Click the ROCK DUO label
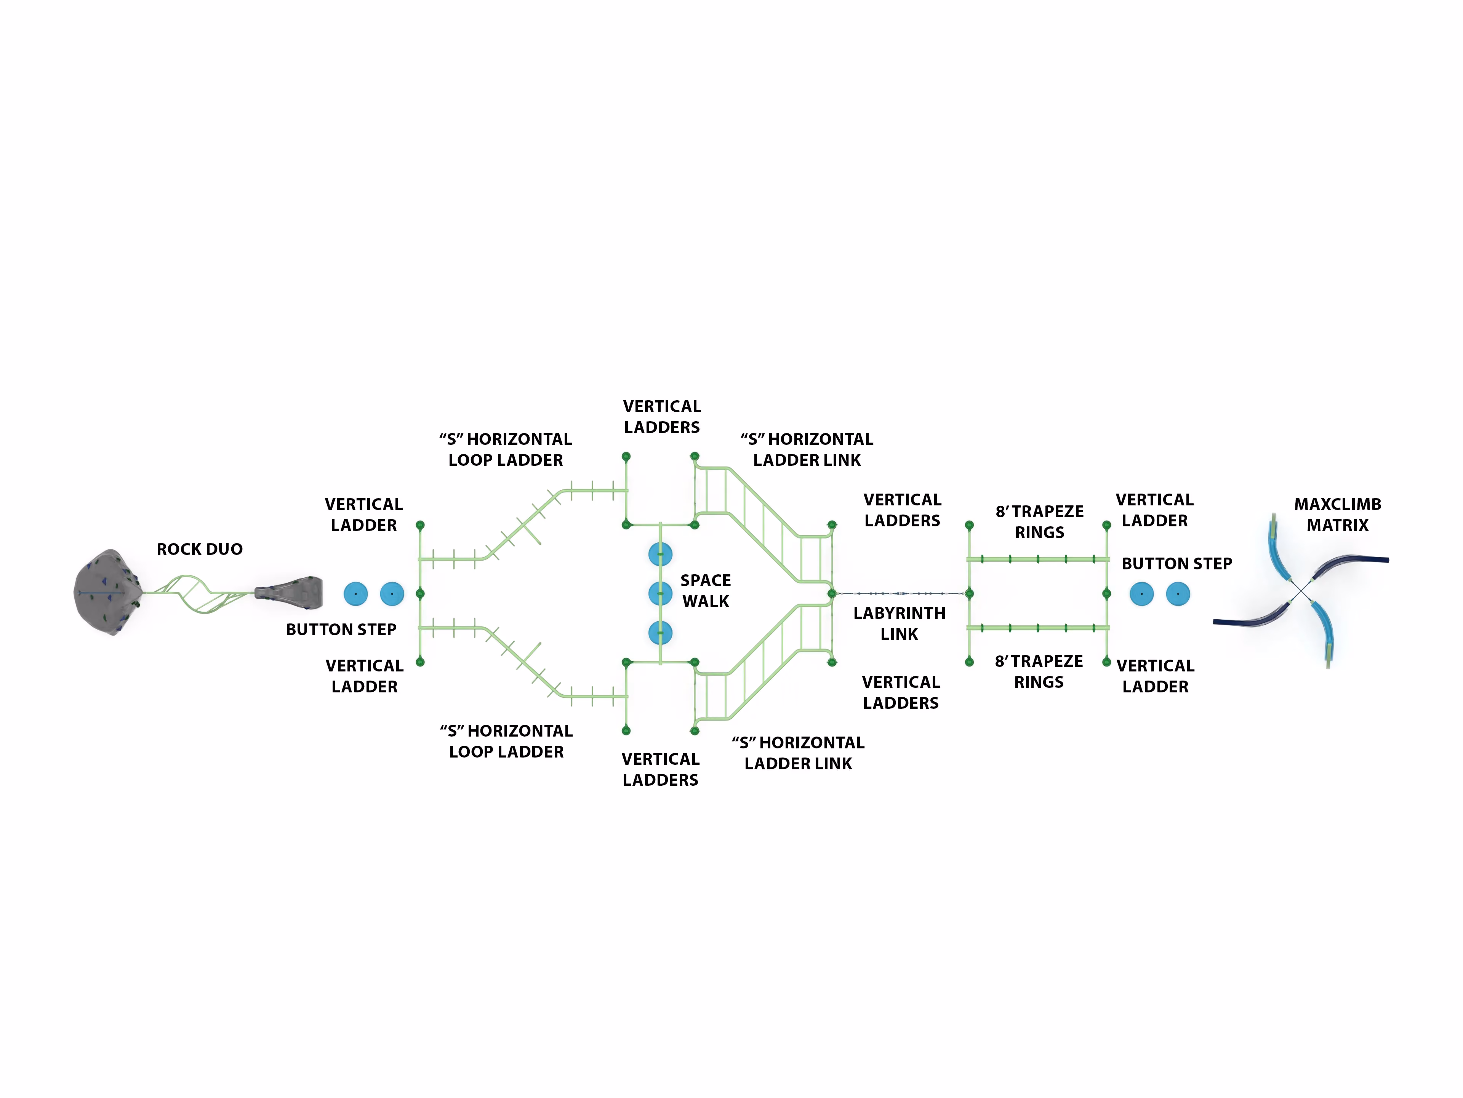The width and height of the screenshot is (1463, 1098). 200,549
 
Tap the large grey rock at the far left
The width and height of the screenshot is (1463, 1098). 107,592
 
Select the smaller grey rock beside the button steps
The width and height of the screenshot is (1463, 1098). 289,593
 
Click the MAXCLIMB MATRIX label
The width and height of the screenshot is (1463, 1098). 1337,515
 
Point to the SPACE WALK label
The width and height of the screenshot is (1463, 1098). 706,591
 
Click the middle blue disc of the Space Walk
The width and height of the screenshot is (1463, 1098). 660,594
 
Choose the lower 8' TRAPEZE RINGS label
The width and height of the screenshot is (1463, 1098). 1039,671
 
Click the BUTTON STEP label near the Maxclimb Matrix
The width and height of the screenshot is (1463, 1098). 1176,564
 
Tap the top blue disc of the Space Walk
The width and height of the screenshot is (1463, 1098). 660,554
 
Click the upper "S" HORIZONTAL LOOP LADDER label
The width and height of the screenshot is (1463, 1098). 506,449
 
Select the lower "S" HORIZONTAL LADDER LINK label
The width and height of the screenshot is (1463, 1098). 798,753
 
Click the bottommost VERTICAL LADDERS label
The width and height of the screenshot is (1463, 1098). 660,769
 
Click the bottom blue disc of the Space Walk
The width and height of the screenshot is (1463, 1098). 660,633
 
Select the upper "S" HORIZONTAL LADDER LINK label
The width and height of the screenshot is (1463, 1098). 807,449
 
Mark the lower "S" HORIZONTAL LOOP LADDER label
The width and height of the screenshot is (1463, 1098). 507,742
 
